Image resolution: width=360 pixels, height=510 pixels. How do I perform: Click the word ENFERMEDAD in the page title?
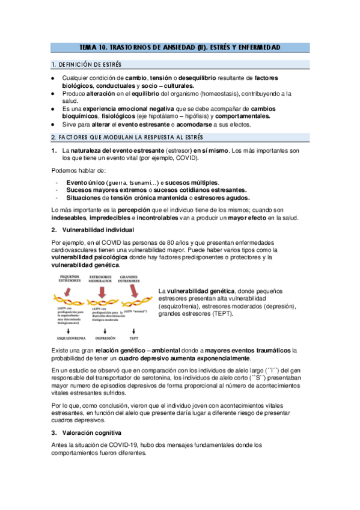[257, 47]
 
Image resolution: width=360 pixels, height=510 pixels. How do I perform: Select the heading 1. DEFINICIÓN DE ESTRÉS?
[87, 64]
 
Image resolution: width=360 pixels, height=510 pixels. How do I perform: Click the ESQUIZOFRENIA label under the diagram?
[72, 338]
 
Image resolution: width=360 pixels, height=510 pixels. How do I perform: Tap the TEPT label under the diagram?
[135, 338]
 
